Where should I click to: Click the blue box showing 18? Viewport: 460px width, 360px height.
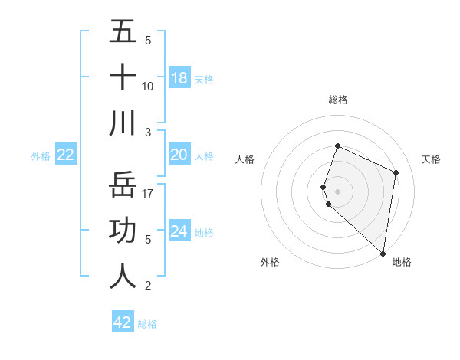point(179,78)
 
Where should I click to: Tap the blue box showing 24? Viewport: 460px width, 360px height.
point(179,232)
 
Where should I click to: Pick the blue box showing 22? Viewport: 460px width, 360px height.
point(66,155)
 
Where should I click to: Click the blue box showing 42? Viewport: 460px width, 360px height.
point(123,322)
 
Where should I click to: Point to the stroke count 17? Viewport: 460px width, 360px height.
point(149,193)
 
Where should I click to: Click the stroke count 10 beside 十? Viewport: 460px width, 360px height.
point(148,86)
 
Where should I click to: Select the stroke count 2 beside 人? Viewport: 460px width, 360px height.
point(148,286)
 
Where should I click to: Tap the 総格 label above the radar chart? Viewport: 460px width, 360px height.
point(338,100)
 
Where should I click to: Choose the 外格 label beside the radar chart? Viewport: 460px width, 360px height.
point(270,262)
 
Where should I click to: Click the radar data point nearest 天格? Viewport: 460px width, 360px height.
point(396,172)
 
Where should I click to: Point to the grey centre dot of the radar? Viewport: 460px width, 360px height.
point(338,191)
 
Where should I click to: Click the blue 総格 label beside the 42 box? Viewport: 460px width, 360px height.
point(147,324)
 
